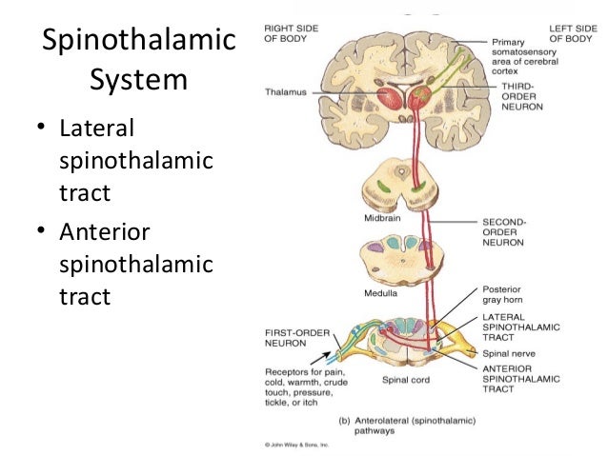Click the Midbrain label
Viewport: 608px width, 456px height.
(378, 218)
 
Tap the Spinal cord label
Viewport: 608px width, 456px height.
(406, 379)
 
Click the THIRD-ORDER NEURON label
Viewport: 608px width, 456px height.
(520, 96)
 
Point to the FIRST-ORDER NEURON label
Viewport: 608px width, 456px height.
(288, 338)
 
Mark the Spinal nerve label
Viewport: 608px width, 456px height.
(511, 353)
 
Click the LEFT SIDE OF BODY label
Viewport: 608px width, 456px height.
(572, 35)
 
